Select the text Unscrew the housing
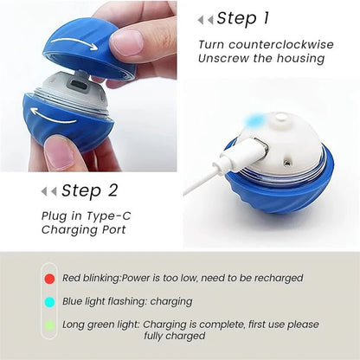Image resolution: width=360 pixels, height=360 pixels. (260, 59)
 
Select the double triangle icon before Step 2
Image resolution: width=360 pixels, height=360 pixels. (48, 191)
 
